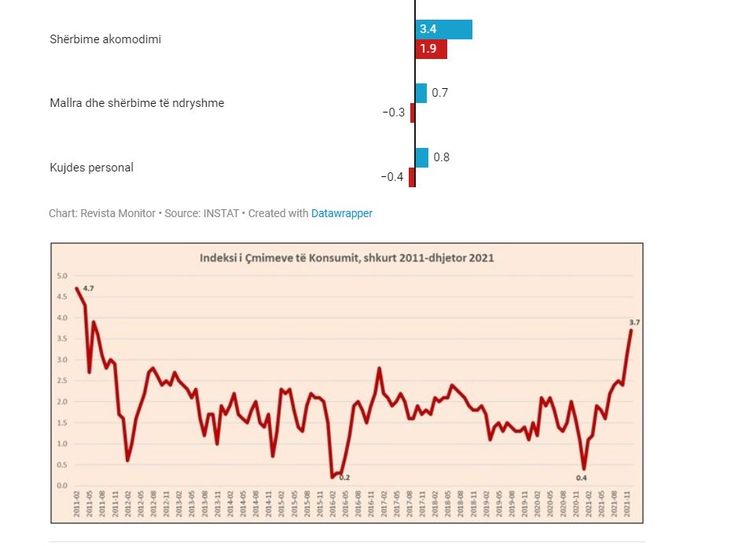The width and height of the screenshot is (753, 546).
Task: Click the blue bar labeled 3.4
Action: (443, 29)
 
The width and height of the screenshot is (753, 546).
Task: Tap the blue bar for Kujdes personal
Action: (421, 157)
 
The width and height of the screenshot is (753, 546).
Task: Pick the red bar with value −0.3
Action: (413, 113)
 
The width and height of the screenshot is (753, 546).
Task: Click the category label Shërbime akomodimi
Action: (105, 39)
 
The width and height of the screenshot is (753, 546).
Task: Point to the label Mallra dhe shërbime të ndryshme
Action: (137, 103)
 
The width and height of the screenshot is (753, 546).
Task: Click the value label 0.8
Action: (442, 157)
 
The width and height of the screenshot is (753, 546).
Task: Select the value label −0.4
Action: (392, 177)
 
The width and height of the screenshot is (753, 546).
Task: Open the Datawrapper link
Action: (342, 213)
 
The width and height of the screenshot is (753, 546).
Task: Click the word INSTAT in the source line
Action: (221, 213)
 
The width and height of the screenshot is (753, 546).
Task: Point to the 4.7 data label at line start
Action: (89, 289)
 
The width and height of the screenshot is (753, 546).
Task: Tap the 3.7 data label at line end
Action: (635, 322)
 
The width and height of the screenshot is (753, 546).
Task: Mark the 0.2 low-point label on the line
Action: (344, 477)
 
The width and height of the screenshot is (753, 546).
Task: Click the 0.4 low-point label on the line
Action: (582, 477)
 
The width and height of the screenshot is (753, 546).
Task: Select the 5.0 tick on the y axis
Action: (61, 276)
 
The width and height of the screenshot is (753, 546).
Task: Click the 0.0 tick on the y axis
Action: (61, 485)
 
